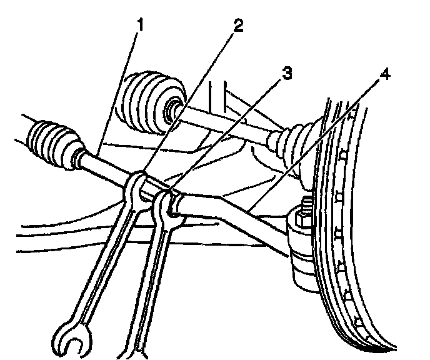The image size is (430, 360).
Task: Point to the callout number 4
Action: pyautogui.click(x=386, y=76)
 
